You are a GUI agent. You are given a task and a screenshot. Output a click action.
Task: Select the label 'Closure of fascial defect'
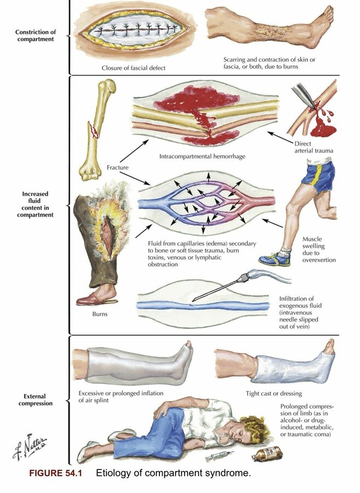click(134, 68)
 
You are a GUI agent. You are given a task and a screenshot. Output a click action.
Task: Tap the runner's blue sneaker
click(272, 257)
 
